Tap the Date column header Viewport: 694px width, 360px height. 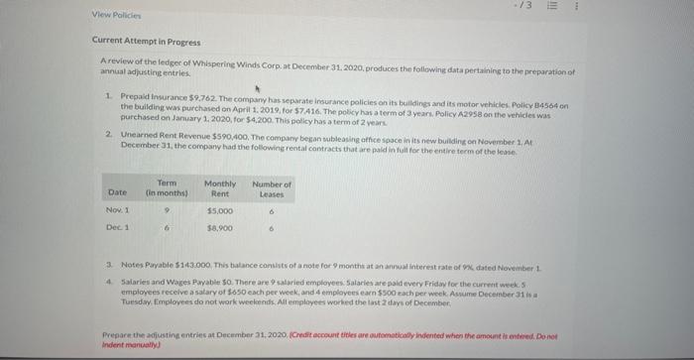click(117, 191)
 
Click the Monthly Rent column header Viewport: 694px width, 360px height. click(219, 187)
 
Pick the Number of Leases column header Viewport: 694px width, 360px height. click(272, 187)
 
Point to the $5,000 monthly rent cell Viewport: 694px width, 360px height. click(219, 210)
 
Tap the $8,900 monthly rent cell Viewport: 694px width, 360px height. click(219, 228)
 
